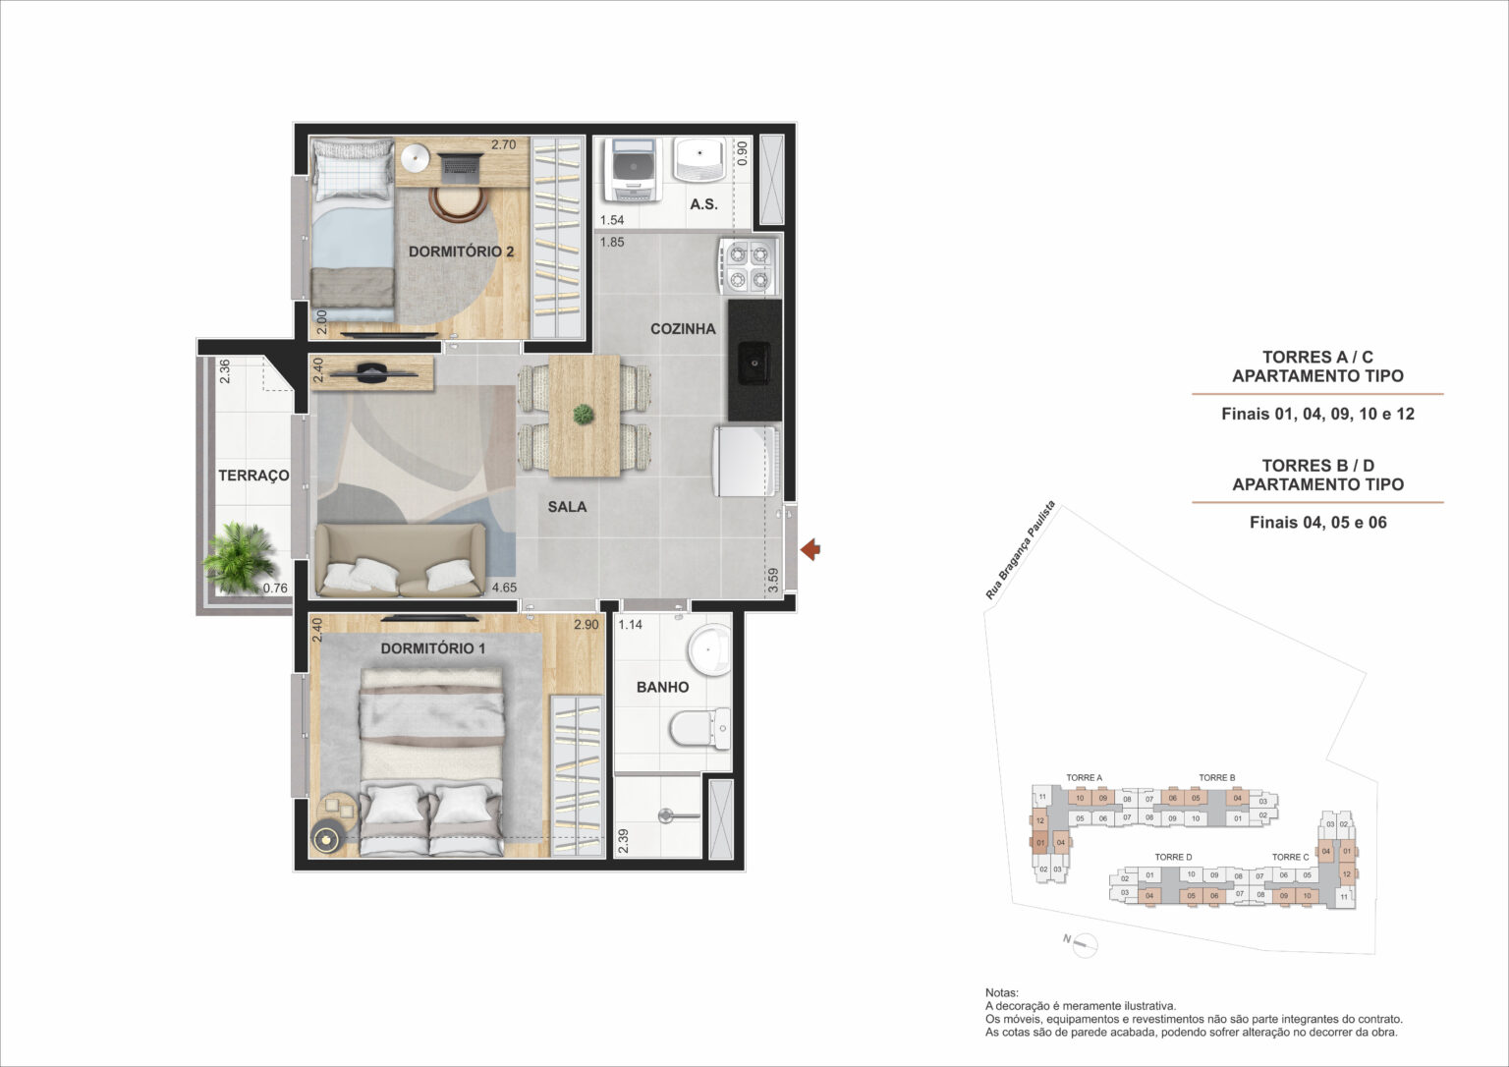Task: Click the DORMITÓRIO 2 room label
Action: [461, 252]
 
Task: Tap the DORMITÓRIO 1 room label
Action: [433, 648]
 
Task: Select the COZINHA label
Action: [683, 328]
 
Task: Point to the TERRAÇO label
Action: [253, 476]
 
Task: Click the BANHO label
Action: [662, 687]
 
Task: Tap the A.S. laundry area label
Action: [703, 204]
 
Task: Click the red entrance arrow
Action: [810, 550]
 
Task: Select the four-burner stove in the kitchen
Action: [749, 266]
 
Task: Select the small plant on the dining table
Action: [584, 415]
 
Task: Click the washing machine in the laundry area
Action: [633, 170]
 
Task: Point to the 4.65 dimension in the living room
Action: [504, 588]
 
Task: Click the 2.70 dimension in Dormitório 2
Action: [503, 145]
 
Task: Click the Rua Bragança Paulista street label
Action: [1021, 550]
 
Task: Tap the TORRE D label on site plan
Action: [1173, 857]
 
